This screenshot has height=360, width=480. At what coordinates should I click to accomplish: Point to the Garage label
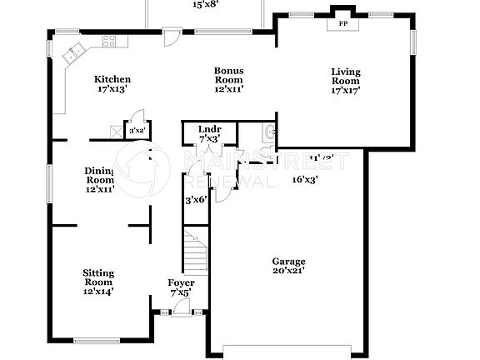point(288,261)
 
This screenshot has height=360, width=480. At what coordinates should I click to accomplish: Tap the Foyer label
point(181,282)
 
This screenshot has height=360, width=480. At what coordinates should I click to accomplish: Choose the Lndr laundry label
point(209,129)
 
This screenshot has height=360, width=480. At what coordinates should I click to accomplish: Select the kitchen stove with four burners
point(108,41)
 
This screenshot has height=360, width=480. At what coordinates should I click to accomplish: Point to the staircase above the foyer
point(193,247)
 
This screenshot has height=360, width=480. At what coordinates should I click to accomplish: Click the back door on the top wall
point(170,37)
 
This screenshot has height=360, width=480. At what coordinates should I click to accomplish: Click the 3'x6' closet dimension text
point(194,200)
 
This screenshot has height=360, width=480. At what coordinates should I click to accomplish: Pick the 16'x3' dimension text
point(304,178)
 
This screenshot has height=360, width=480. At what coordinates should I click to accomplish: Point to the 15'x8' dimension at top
point(205,5)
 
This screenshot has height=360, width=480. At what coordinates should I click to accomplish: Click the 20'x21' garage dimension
point(288,270)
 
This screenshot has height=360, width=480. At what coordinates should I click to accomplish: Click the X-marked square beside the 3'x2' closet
point(115,130)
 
